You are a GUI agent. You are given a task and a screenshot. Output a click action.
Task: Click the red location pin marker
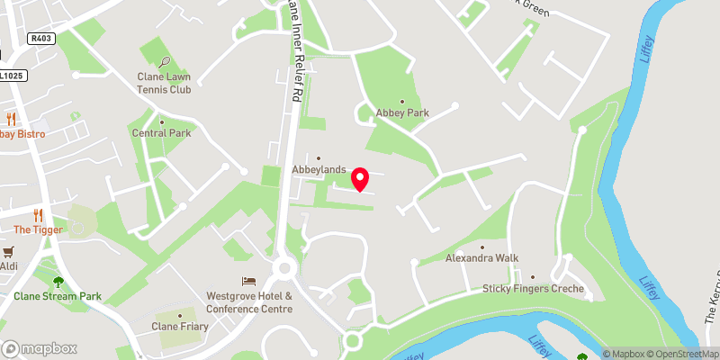[x=360, y=179]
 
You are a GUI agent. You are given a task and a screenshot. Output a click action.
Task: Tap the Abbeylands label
[x=319, y=168]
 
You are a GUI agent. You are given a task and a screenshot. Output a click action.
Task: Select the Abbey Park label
[x=402, y=112]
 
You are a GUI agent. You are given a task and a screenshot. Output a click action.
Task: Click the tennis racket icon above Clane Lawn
[x=165, y=63]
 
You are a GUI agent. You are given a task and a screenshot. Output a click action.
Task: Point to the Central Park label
[x=161, y=133]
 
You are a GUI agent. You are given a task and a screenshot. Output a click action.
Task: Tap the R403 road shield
[x=41, y=38]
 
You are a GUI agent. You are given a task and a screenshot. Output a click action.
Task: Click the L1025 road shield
[x=10, y=76]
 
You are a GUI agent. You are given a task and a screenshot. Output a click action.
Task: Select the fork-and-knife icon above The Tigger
[x=38, y=215]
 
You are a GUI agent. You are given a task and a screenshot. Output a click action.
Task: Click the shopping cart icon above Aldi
[x=9, y=252]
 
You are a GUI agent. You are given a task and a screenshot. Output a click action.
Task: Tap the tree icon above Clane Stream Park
[x=58, y=281]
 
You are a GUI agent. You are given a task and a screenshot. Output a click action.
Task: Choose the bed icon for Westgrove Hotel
[x=249, y=282]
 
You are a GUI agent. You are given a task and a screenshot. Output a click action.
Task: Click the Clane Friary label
[x=179, y=326]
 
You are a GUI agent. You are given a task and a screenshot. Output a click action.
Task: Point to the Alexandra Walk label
[x=482, y=257]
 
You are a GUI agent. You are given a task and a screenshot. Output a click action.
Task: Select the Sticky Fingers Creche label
[x=533, y=289]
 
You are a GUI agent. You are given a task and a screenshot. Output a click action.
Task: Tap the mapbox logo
[x=40, y=348]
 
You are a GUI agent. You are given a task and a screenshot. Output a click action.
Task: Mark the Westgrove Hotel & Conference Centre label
[x=249, y=301]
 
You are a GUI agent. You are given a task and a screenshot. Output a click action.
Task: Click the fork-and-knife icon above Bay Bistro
[x=12, y=119]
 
